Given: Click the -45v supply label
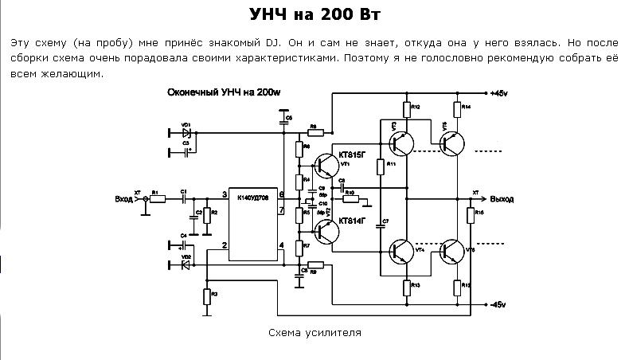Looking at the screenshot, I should click(503, 306).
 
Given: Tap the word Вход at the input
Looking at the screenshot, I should click(123, 199).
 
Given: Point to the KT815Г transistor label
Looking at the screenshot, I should click(352, 153).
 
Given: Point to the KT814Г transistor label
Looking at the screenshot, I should click(352, 221).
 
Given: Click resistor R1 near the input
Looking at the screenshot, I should click(157, 199).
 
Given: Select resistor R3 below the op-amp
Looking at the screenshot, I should click(206, 297).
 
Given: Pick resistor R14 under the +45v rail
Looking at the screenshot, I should click(457, 108).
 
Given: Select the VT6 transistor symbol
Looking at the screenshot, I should click(451, 251).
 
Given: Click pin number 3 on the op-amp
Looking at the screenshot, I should click(225, 194).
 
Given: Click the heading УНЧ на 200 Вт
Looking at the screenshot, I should click(314, 17).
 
